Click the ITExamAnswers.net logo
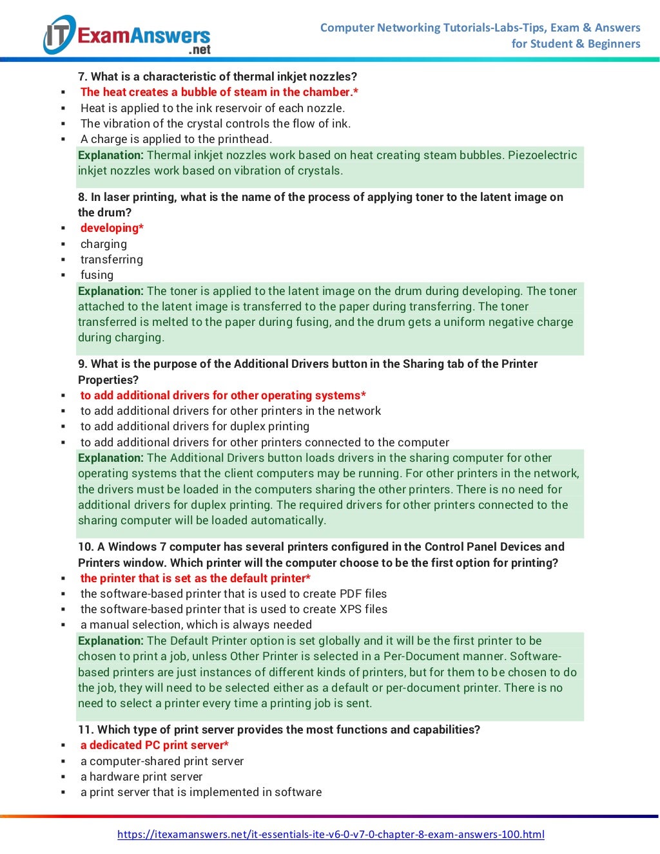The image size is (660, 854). [x=127, y=35]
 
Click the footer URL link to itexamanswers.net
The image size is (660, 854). [x=331, y=834]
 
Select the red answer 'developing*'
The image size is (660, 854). [x=112, y=228]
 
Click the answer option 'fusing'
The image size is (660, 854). [x=97, y=275]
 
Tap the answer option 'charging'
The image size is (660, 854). [x=103, y=244]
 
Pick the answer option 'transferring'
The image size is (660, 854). [x=112, y=260]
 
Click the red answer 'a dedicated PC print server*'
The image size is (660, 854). [x=154, y=745]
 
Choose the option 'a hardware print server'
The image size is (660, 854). [x=141, y=777]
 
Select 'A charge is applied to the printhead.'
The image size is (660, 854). [x=176, y=139]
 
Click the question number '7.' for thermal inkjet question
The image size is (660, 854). [x=82, y=77]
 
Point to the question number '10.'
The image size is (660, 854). [x=86, y=547]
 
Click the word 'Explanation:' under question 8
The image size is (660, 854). [x=110, y=291]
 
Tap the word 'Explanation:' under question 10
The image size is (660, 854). [x=110, y=641]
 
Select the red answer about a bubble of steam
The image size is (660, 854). [x=219, y=92]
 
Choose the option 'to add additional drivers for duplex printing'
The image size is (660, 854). [x=195, y=426]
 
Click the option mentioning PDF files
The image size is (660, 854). [x=233, y=594]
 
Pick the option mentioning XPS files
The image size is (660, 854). [x=233, y=609]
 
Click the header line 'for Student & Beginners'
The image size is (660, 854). [x=576, y=44]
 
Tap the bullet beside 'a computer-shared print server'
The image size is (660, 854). [x=63, y=762]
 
